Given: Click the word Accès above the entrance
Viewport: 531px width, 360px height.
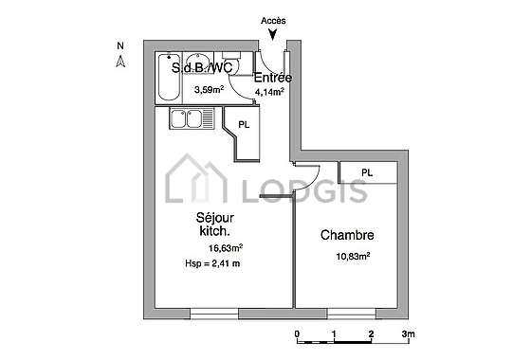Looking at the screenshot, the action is pyautogui.click(x=273, y=21).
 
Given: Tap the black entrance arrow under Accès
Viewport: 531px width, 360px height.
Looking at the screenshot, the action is pyautogui.click(x=273, y=34).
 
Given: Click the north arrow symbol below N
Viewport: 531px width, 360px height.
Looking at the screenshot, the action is pyautogui.click(x=120, y=62).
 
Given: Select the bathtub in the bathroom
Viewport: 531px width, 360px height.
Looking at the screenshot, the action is pyautogui.click(x=169, y=77).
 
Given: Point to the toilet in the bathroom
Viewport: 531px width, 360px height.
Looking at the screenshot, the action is pyautogui.click(x=231, y=63).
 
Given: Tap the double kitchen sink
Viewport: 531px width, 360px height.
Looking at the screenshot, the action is pyautogui.click(x=192, y=118).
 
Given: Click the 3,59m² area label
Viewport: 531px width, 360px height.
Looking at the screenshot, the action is pyautogui.click(x=209, y=90).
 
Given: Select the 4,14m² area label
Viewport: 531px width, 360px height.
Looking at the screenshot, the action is pyautogui.click(x=269, y=92).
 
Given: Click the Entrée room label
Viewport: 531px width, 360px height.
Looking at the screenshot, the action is pyautogui.click(x=273, y=78).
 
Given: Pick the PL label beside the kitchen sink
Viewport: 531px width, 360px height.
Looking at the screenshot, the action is pyautogui.click(x=244, y=125).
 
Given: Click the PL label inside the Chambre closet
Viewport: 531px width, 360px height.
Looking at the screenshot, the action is pyautogui.click(x=367, y=172).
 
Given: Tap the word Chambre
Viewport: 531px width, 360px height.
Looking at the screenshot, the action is pyautogui.click(x=347, y=235).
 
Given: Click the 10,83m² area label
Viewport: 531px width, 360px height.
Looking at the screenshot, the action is pyautogui.click(x=353, y=256).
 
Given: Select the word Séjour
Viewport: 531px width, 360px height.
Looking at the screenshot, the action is pyautogui.click(x=215, y=218).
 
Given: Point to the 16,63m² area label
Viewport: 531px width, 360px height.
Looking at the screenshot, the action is pyautogui.click(x=226, y=248).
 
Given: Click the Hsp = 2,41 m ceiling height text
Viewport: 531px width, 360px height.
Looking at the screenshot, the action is pyautogui.click(x=212, y=263).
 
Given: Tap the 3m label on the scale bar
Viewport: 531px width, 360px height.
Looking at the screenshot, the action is pyautogui.click(x=409, y=333).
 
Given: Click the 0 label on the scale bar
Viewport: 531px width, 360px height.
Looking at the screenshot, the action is pyautogui.click(x=297, y=333).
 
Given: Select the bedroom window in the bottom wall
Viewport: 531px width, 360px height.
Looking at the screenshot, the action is pyautogui.click(x=352, y=314).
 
